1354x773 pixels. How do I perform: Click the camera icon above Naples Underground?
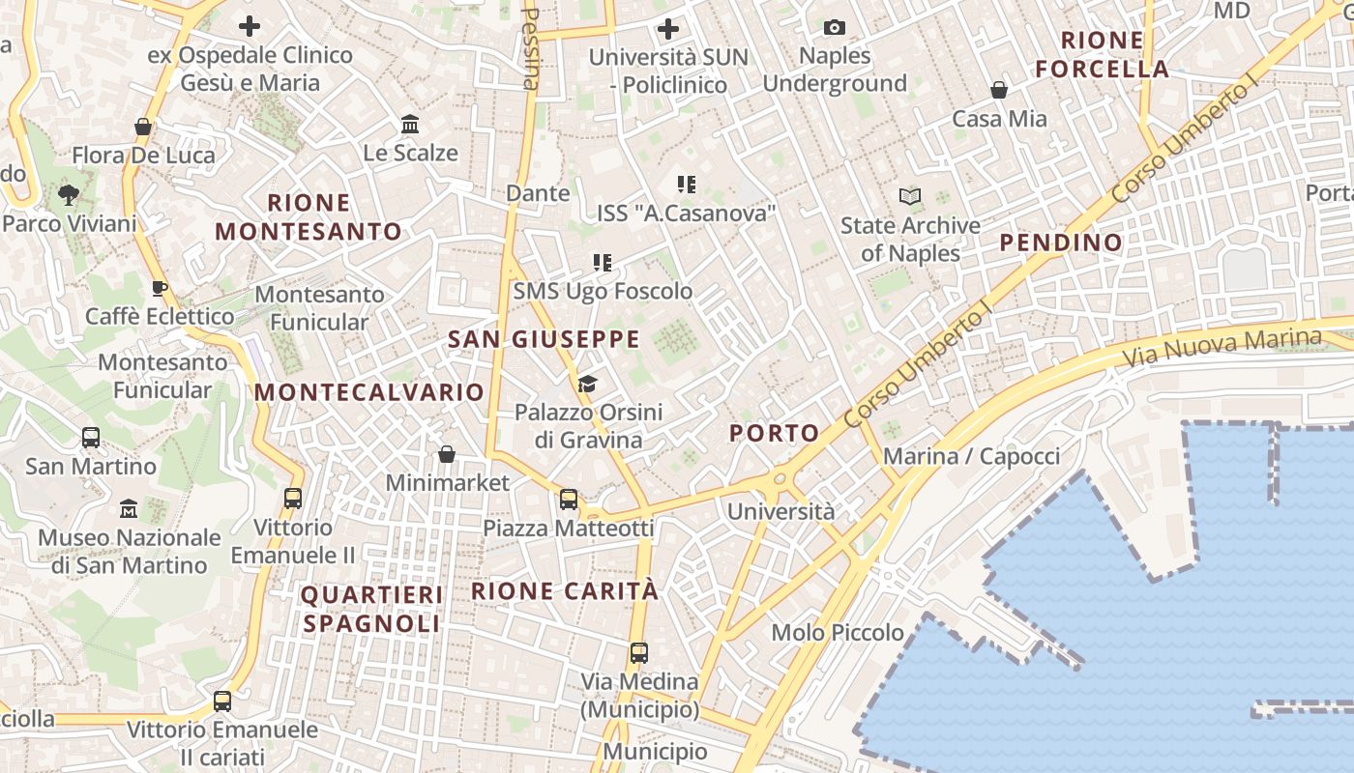[x=835, y=28]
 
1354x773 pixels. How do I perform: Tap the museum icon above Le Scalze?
[x=410, y=125]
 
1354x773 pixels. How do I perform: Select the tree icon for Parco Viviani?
[x=69, y=195]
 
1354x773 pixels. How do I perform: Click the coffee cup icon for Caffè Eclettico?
[x=160, y=288]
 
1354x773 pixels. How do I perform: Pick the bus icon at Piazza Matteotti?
[x=569, y=500]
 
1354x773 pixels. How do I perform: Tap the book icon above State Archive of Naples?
[x=910, y=197]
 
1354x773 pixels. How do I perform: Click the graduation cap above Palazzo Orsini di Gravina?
[x=587, y=385]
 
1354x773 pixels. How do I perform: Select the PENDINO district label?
[x=1061, y=243]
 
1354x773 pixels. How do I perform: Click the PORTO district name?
[x=775, y=433]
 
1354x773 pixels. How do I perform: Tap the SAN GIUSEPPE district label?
[x=544, y=339]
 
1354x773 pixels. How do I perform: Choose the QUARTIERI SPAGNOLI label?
[x=371, y=609]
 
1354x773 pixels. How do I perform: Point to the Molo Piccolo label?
[x=838, y=633]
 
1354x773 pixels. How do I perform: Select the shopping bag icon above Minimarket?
[x=447, y=454]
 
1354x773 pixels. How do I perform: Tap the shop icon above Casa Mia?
[x=999, y=91]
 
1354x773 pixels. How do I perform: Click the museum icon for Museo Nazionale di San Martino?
[x=129, y=509]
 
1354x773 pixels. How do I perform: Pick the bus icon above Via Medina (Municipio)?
[x=639, y=652]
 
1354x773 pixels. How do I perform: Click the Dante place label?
[x=538, y=193]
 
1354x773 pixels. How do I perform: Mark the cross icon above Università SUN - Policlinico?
[x=667, y=29]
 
